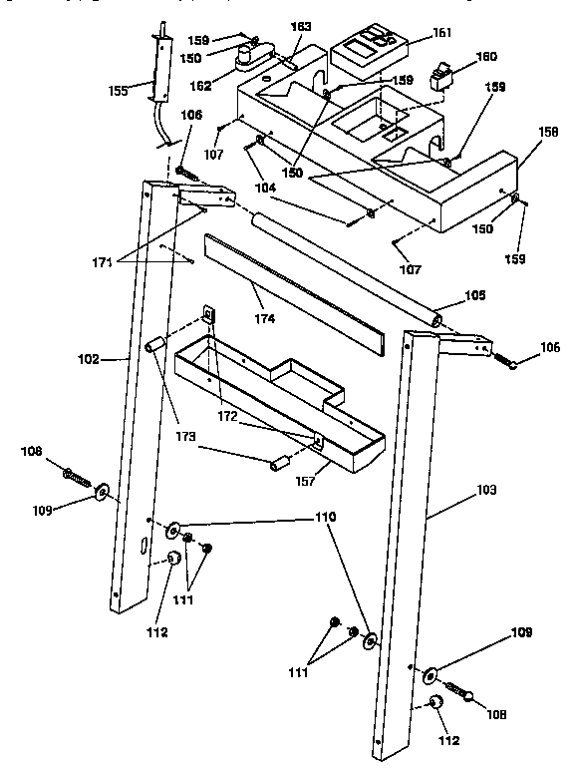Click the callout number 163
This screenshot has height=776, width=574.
pyautogui.click(x=301, y=25)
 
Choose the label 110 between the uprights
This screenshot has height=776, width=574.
pyautogui.click(x=326, y=517)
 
